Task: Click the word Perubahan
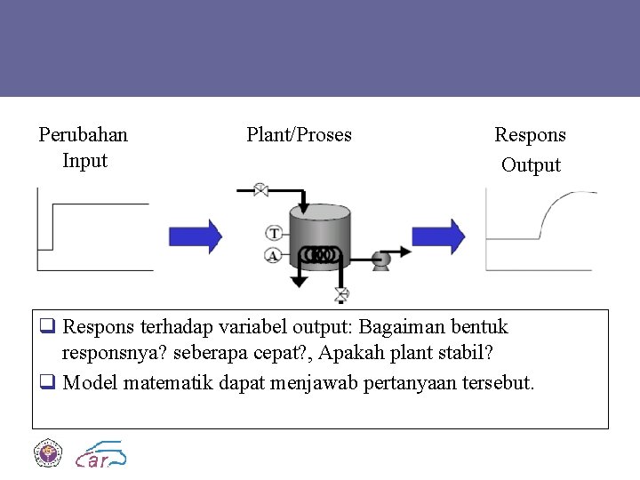point(84,135)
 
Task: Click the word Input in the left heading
point(84,161)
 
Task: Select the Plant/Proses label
point(299,135)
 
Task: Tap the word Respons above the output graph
point(530,135)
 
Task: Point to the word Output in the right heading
point(531,165)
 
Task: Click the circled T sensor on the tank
point(274,234)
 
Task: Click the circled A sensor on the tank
point(274,255)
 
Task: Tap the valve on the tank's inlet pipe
point(261,189)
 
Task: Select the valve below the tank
point(340,293)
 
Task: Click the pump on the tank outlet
point(381,260)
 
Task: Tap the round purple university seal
point(48,454)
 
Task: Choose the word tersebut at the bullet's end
point(497,383)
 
